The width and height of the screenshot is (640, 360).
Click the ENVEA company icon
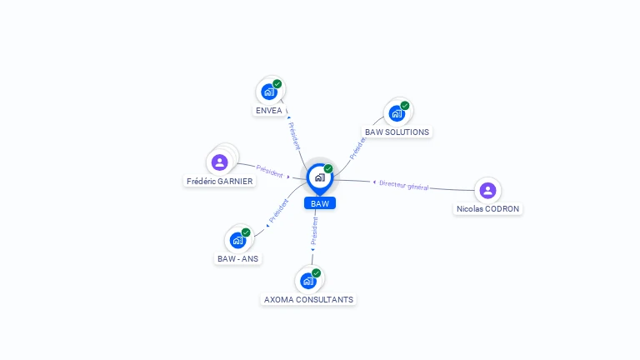[268, 92]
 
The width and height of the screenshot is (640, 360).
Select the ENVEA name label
[268, 110]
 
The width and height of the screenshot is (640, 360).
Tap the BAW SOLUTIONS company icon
[396, 113]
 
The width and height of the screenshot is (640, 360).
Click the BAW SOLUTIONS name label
[397, 132]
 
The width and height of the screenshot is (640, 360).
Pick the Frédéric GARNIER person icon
[220, 162]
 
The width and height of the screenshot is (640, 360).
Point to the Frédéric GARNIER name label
[220, 181]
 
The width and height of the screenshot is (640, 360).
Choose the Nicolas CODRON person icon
[487, 191]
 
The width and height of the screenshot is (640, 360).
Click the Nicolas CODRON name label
[487, 209]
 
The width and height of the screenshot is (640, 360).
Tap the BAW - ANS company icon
[237, 241]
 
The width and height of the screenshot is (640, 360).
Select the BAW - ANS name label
[238, 258]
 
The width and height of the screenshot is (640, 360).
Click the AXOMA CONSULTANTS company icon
[307, 281]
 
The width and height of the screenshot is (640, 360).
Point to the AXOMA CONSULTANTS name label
[308, 299]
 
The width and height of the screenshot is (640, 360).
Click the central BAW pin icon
[319, 177]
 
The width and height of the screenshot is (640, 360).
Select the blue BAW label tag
[319, 203]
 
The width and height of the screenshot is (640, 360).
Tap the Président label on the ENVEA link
[294, 136]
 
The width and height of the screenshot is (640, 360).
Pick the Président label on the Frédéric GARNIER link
[269, 171]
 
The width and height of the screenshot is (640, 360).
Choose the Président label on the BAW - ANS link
[277, 212]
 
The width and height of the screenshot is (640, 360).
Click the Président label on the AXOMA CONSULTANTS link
[314, 230]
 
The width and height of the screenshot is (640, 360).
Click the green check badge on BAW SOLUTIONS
[405, 106]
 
